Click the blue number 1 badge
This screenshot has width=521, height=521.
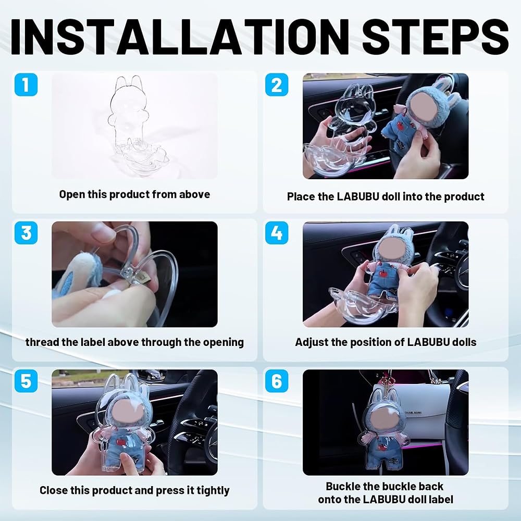pos(26,84)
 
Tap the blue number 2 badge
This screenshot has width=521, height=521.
pos(277,84)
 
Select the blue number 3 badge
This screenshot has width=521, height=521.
pos(26,232)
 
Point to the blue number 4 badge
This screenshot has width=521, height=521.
pos(277,232)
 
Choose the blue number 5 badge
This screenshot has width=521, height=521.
pos(26,381)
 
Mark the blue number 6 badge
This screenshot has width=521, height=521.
pos(277,381)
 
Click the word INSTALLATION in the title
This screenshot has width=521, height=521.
pos(180,36)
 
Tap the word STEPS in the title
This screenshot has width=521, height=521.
pos(435,36)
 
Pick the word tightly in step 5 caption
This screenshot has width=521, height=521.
pos(213,491)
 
